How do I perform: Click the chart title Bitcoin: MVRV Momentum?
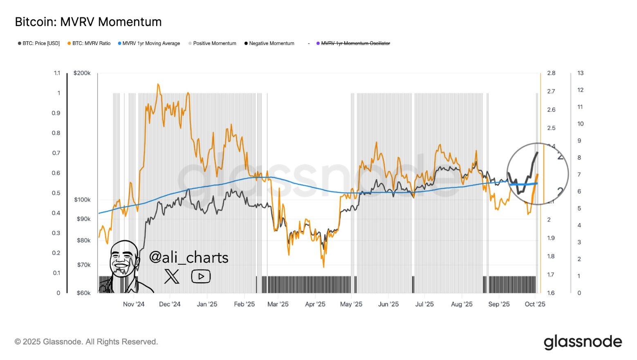tap(88, 22)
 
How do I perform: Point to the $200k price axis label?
tap(82, 73)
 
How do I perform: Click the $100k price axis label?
tap(82, 200)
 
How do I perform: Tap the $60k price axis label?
tap(83, 293)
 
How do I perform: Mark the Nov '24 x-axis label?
tap(134, 304)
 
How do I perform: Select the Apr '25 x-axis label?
tap(315, 304)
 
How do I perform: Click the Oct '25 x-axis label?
tap(535, 304)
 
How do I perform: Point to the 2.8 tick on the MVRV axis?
tap(551, 73)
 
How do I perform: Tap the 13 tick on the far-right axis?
tap(580, 73)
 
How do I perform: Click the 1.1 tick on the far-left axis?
tap(57, 73)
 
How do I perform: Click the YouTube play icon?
tap(201, 277)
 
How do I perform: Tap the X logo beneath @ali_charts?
tap(172, 277)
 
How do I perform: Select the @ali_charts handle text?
tap(188, 257)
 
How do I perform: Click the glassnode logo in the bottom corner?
tap(583, 342)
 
